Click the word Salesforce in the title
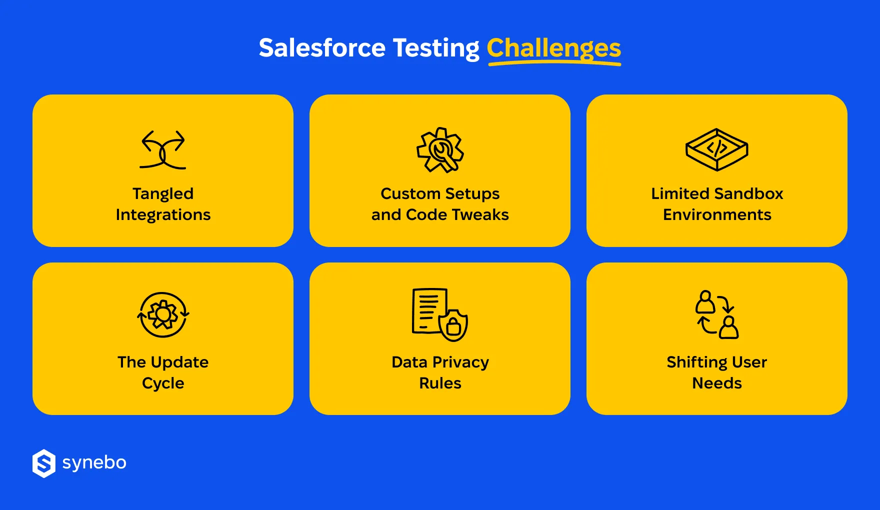[322, 48]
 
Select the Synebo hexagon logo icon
[44, 463]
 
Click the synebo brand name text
[94, 462]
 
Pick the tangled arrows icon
[163, 149]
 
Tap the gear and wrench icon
[440, 150]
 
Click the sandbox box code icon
[716, 149]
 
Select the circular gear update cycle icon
[163, 315]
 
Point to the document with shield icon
[439, 314]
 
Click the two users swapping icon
[716, 314]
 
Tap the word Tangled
[163, 193]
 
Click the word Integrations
[163, 214]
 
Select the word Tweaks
[480, 214]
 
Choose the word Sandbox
[749, 193]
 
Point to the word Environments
[717, 214]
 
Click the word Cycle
[163, 383]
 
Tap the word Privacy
[460, 362]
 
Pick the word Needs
[716, 383]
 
